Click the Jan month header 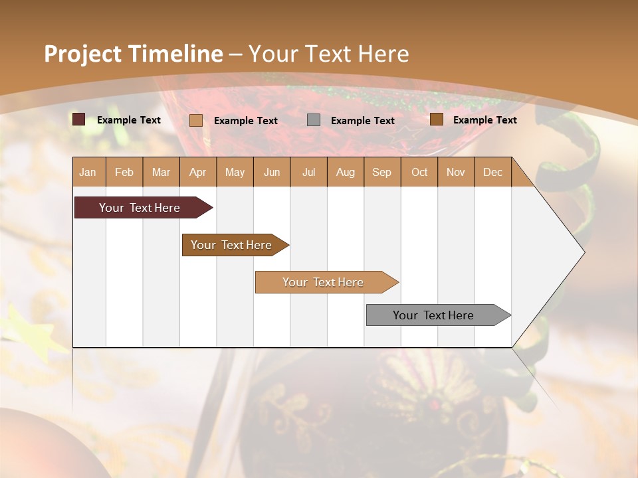(x=88, y=172)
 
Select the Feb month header (x=124, y=172)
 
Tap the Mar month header (x=161, y=172)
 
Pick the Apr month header (x=197, y=172)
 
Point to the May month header (x=235, y=172)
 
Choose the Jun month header (x=272, y=172)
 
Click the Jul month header (x=308, y=172)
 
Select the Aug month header (x=345, y=172)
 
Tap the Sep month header (x=381, y=172)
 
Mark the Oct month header (x=419, y=172)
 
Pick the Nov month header (x=456, y=172)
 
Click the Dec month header (x=492, y=172)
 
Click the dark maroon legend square (x=79, y=119)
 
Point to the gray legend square (x=314, y=120)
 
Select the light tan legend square (x=196, y=120)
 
